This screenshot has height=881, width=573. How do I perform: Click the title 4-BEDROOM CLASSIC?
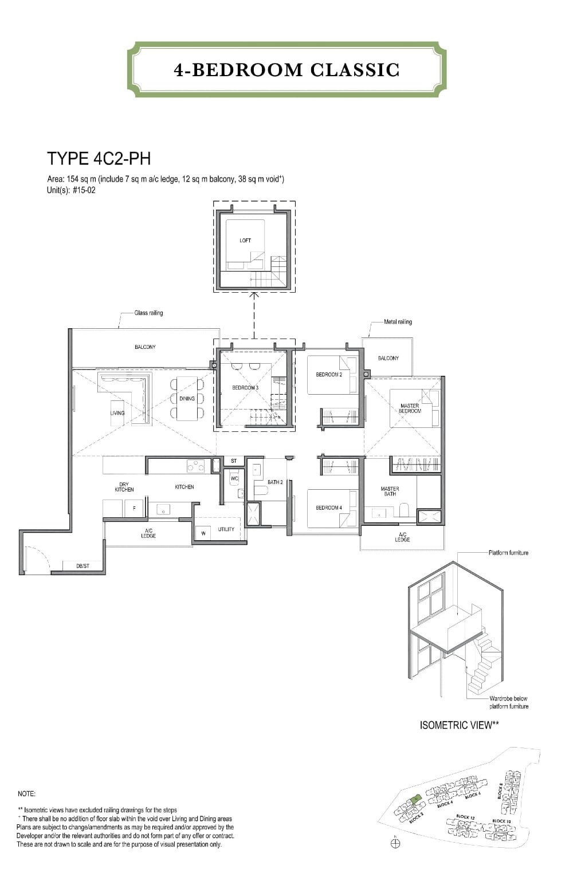click(286, 70)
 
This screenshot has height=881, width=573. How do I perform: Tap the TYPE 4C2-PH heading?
click(99, 159)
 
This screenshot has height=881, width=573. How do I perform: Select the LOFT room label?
click(245, 241)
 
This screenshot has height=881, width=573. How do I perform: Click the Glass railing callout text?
click(148, 313)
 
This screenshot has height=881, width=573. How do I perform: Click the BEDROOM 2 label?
click(329, 375)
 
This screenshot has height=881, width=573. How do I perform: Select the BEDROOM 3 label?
click(245, 388)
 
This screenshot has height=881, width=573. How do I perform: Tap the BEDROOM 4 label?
click(329, 508)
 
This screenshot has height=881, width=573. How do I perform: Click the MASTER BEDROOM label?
click(410, 408)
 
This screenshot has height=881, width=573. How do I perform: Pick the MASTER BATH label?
click(390, 491)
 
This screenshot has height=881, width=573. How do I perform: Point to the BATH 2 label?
click(275, 482)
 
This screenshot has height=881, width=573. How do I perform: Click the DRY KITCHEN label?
click(124, 487)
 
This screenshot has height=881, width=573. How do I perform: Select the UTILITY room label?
click(226, 529)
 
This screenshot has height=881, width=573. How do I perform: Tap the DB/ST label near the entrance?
click(83, 566)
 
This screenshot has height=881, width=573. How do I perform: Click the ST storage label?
click(234, 461)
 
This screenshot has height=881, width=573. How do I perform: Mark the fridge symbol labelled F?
click(134, 508)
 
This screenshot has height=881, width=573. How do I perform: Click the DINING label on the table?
click(187, 399)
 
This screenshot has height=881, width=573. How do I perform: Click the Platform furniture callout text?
click(508, 553)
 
